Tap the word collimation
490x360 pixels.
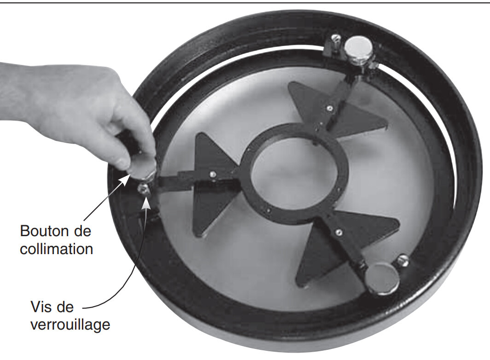point(56,249)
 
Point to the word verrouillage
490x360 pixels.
point(70,325)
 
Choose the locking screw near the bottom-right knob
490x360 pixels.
point(403,260)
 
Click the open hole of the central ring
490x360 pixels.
point(295,174)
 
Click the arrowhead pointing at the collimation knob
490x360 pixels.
point(126,179)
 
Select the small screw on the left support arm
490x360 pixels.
point(213,174)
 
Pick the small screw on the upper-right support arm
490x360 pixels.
point(330,109)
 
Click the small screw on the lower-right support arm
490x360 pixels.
point(338,232)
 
